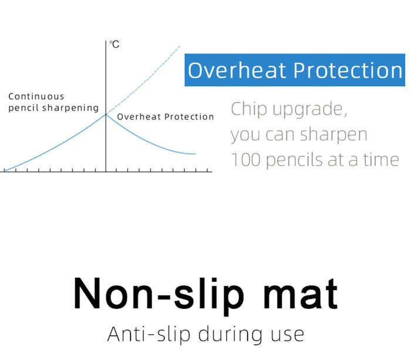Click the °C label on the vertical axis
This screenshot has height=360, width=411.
(x=114, y=44)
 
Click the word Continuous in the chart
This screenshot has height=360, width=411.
(x=36, y=96)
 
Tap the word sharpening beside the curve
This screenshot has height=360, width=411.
(x=70, y=107)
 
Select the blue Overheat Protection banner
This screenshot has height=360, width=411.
(x=295, y=70)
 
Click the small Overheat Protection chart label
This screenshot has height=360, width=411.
(x=166, y=117)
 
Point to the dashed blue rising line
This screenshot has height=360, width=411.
(x=143, y=80)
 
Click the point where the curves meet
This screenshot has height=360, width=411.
(x=106, y=115)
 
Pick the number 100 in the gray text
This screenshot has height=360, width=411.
(x=246, y=160)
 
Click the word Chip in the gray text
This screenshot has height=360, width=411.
(x=249, y=109)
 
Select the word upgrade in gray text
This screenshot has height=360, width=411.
(x=309, y=110)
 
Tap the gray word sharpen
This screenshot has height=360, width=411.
(x=333, y=135)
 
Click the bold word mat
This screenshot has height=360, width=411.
(x=301, y=294)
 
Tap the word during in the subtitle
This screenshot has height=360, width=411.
(x=230, y=335)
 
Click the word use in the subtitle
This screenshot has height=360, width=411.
(x=288, y=336)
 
